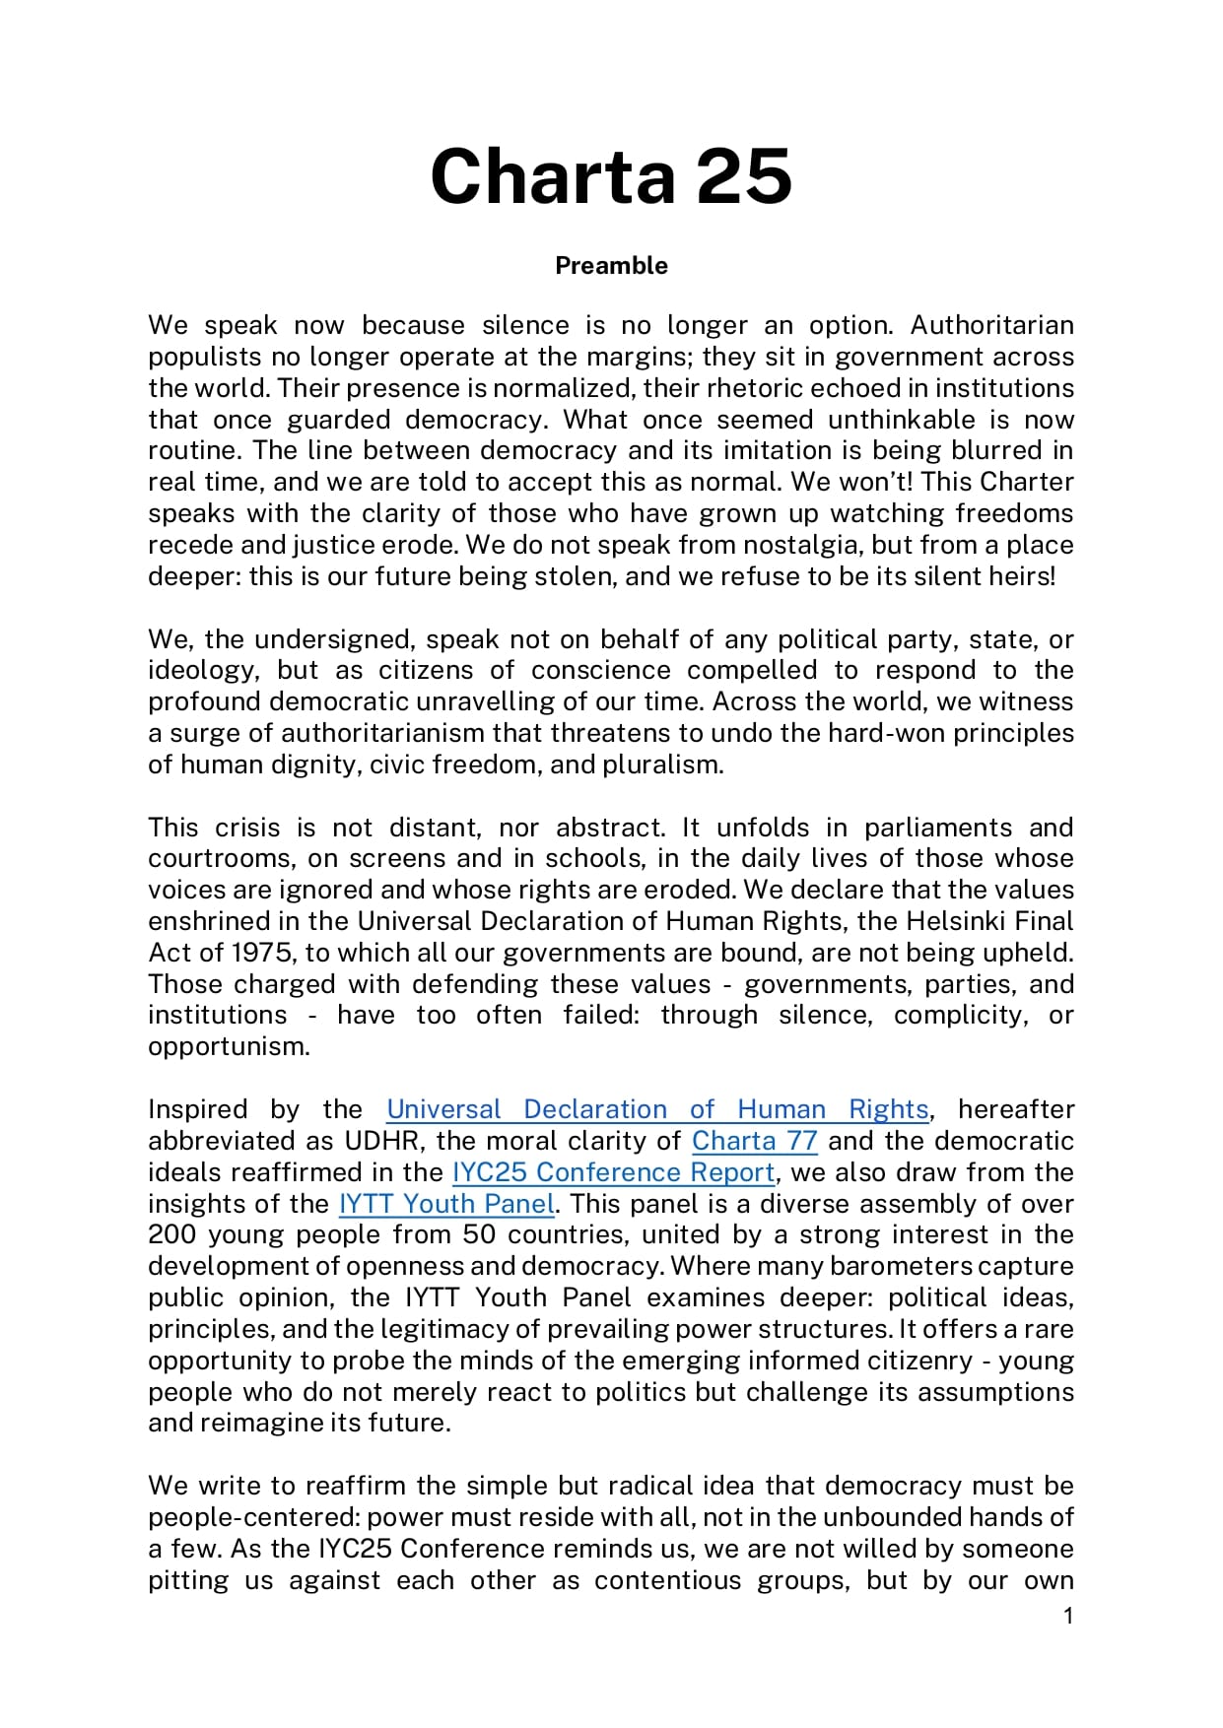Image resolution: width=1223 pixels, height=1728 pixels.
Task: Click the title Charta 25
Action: coord(611,176)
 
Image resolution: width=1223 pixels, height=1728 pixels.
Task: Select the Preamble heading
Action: coord(611,266)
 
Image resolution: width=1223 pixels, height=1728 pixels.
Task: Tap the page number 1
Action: coord(1068,1616)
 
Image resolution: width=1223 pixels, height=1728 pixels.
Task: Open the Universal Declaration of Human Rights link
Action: coord(657,1109)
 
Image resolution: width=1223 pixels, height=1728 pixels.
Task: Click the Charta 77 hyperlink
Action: coord(755,1141)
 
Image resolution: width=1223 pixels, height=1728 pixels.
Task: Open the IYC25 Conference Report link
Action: coord(613,1172)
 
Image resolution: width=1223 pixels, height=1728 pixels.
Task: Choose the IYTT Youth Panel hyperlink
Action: coord(446,1204)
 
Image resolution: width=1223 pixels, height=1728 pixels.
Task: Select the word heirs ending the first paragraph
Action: coord(1025,576)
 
